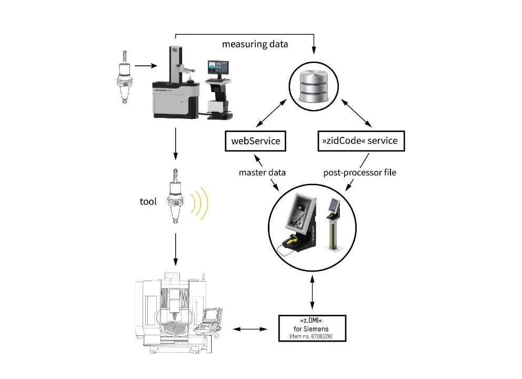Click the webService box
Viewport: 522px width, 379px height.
pyautogui.click(x=255, y=141)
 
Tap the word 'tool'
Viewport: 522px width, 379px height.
pyautogui.click(x=149, y=201)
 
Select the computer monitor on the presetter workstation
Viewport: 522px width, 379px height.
pyautogui.click(x=218, y=69)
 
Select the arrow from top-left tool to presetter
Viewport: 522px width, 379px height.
pyautogui.click(x=146, y=66)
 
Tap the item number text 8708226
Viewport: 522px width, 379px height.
pyautogui.click(x=312, y=336)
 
